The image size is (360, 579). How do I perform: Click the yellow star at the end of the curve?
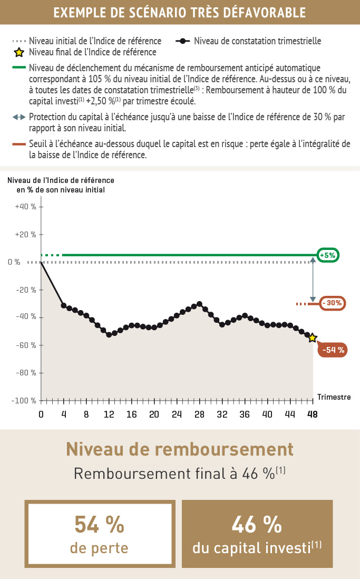313,337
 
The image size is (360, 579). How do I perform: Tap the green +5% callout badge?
327,256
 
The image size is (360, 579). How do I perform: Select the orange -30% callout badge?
332,303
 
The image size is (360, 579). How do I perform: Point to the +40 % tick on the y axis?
26,207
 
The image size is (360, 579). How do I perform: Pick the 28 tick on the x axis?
199,414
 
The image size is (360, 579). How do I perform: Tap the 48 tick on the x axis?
313,414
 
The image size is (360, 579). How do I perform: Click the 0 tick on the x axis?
41,414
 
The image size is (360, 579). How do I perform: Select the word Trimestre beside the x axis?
334,397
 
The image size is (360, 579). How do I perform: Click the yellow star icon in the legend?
19,52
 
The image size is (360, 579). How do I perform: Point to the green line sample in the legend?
19,67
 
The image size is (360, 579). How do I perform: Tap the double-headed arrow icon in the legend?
19,117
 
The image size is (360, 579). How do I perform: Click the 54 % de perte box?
100,534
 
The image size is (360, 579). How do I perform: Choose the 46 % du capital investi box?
257,534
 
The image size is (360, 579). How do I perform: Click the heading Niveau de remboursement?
180,449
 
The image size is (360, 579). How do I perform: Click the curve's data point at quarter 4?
64,305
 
